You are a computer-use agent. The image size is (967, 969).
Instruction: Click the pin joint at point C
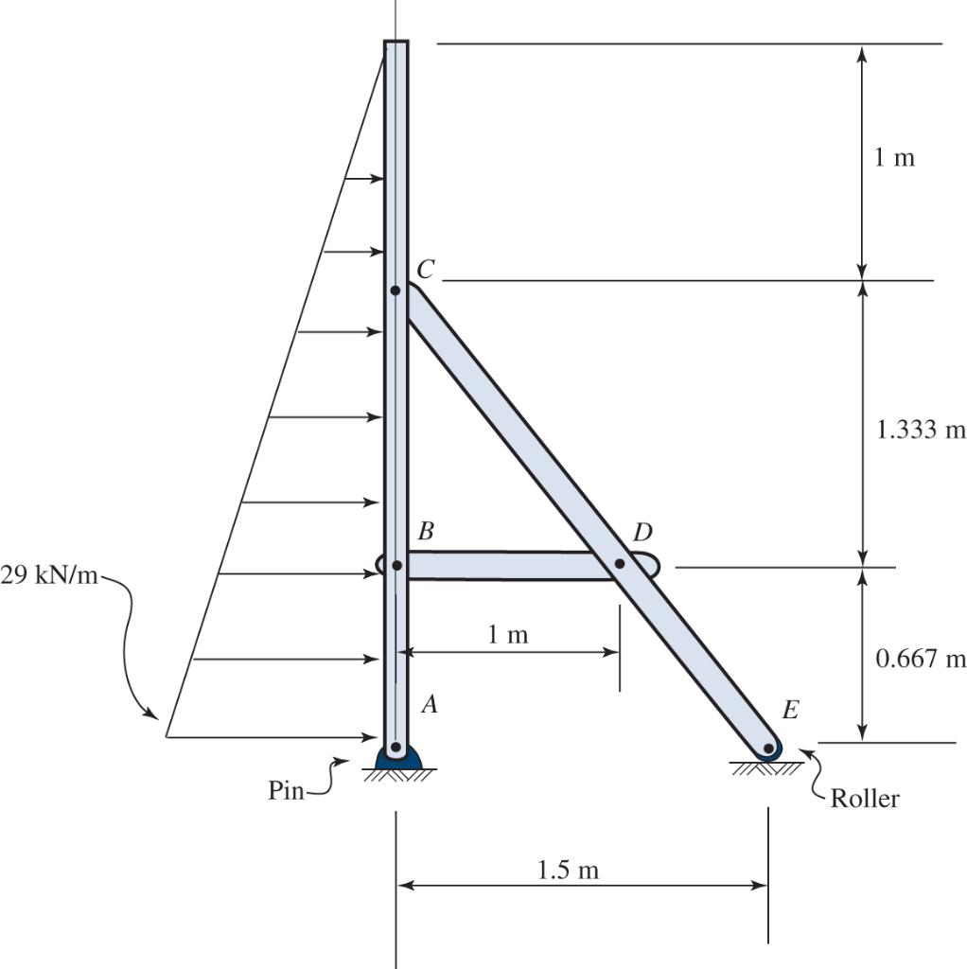click(396, 290)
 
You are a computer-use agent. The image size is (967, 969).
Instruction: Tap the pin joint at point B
click(396, 565)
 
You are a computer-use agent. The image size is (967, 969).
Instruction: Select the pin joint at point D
click(620, 564)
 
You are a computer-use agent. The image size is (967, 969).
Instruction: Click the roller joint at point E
click(768, 749)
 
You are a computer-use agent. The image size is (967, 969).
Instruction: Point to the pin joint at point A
click(396, 747)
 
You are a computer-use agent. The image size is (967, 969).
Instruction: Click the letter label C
click(425, 270)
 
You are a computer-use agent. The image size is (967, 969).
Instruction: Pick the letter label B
click(426, 532)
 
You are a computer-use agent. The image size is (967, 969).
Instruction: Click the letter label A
click(429, 704)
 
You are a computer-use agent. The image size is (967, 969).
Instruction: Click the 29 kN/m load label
click(49, 576)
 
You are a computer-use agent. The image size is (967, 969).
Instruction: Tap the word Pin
click(286, 791)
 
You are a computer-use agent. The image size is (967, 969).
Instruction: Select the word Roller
click(865, 799)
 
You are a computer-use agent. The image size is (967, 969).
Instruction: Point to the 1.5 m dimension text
click(568, 870)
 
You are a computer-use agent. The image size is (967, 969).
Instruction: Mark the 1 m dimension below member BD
click(508, 635)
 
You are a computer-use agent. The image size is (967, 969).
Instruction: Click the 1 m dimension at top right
click(894, 157)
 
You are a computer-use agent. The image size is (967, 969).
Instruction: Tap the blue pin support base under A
click(396, 759)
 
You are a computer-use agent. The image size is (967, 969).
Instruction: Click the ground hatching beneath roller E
click(765, 768)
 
